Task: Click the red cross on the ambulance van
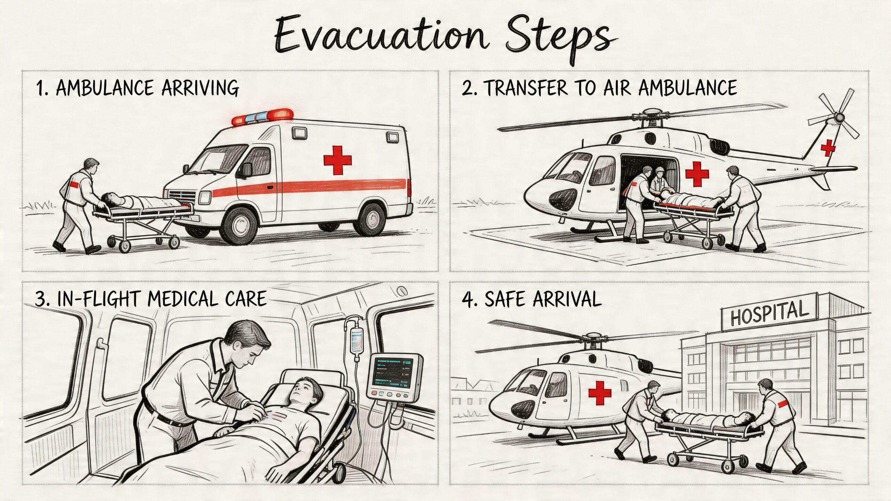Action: click(x=337, y=160)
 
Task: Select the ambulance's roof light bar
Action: click(x=262, y=117)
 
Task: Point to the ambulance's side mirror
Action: click(x=247, y=169)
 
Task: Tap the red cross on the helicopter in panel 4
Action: click(x=600, y=392)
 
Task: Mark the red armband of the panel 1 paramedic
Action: click(x=75, y=184)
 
